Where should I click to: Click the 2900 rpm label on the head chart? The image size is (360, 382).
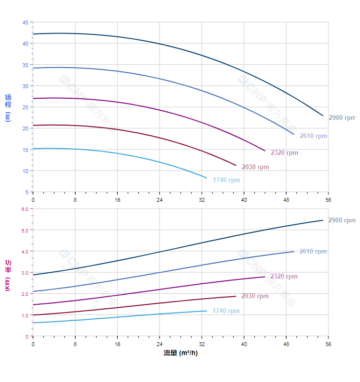(342, 118)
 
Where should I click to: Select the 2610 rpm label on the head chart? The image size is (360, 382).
(314, 136)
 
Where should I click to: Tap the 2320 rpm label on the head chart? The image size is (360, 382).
(284, 153)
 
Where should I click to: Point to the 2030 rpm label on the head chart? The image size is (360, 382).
(255, 167)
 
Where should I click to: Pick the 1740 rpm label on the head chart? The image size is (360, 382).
(226, 180)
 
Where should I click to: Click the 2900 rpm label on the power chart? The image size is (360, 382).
(342, 220)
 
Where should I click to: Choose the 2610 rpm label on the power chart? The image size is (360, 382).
(313, 252)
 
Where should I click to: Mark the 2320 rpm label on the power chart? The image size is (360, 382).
(284, 277)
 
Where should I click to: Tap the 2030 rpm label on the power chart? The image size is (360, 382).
(255, 296)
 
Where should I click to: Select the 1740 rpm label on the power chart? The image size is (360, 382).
(226, 311)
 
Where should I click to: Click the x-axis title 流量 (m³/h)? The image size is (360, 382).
(180, 353)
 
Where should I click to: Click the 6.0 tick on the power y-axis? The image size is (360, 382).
(25, 209)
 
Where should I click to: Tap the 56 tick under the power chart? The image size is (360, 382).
(328, 344)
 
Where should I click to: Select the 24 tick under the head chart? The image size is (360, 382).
(159, 200)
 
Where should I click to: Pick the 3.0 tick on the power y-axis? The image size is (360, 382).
(25, 273)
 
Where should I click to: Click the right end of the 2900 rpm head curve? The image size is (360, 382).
(323, 116)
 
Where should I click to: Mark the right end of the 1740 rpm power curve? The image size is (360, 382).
(207, 311)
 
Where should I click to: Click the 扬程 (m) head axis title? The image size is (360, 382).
(8, 108)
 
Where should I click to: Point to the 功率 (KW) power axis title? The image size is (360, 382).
(8, 275)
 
